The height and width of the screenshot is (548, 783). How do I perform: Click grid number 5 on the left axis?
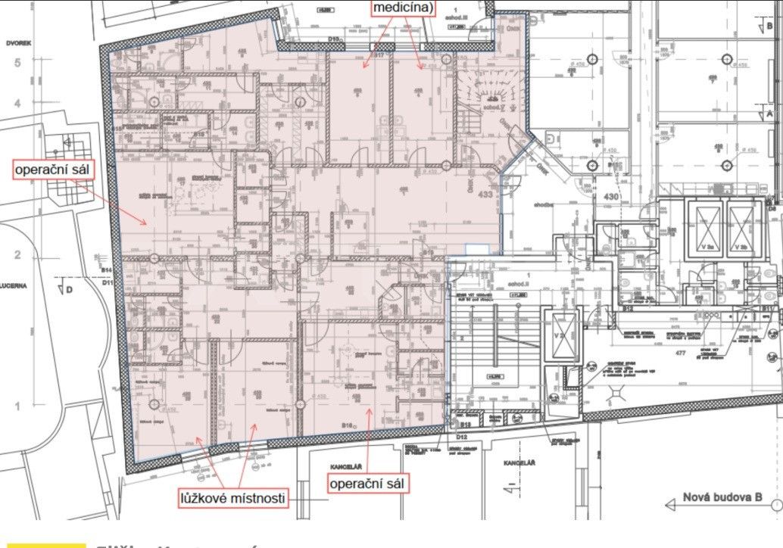17,64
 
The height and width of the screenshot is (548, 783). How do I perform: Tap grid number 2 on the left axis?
17,255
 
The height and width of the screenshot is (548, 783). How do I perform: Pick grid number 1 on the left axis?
17,407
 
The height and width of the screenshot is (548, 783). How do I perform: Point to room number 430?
612,198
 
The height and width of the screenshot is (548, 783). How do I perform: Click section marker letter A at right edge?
769,113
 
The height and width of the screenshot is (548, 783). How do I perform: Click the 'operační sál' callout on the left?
52,170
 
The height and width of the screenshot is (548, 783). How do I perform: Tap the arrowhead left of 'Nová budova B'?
668,504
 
